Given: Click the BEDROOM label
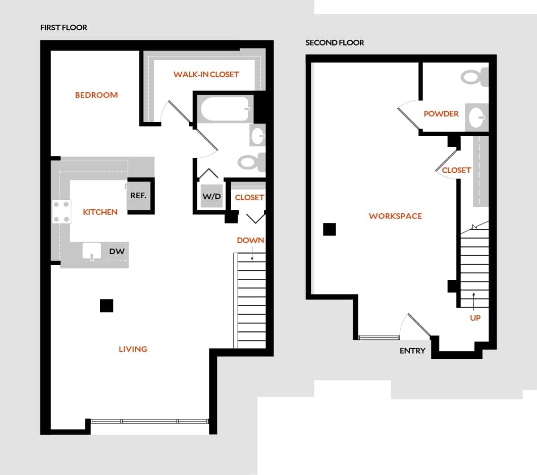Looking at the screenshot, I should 96,95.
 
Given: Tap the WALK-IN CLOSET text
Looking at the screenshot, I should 206,74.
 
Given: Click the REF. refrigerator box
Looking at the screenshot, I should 139,196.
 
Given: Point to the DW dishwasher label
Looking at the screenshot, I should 117,251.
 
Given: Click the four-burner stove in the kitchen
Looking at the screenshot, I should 61,212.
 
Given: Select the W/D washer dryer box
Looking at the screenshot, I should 211,197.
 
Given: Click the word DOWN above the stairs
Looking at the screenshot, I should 250,240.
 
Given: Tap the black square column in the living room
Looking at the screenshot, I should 106,306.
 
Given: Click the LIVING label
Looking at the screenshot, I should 133,349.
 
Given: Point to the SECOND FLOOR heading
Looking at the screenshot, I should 335,43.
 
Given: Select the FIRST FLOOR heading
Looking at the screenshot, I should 64,28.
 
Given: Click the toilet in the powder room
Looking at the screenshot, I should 473,77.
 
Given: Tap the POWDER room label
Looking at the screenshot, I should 441,114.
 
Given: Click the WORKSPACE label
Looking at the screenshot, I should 395,216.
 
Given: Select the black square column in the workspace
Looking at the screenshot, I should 329,229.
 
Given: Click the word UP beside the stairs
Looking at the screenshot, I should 475,318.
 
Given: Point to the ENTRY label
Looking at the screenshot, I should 412,350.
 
